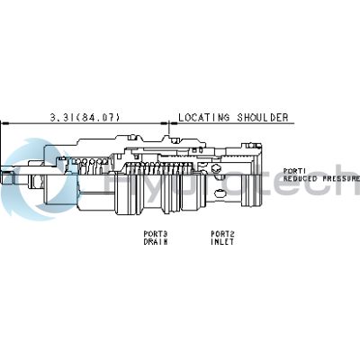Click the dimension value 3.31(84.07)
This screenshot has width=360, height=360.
click(x=82, y=117)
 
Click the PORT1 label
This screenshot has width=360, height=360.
click(x=295, y=170)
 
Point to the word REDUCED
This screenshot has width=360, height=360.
click(x=301, y=178)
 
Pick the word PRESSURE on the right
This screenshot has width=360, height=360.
click(x=339, y=178)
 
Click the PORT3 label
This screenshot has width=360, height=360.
click(x=156, y=234)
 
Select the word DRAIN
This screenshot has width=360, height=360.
click(x=156, y=241)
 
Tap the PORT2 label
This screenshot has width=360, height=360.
click(x=223, y=234)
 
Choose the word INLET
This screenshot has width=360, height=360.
click(x=223, y=241)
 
